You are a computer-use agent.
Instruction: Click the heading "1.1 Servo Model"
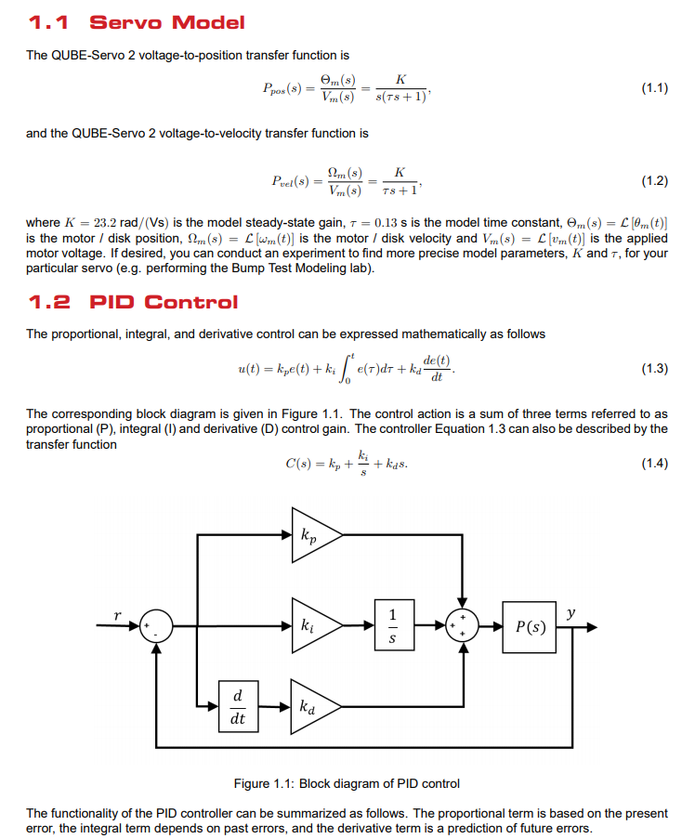point(137,22)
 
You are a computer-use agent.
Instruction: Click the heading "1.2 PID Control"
point(133,302)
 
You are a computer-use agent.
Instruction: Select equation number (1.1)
point(654,89)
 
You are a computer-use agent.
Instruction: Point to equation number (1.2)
point(654,180)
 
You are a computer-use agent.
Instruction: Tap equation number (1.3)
point(654,368)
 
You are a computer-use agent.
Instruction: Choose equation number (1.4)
point(654,464)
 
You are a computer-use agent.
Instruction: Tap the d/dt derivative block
point(238,707)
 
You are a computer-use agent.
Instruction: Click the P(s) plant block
point(530,625)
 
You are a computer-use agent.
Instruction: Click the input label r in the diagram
point(117,614)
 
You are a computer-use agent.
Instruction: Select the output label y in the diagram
point(570,612)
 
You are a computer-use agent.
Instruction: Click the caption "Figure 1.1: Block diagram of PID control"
point(347,783)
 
